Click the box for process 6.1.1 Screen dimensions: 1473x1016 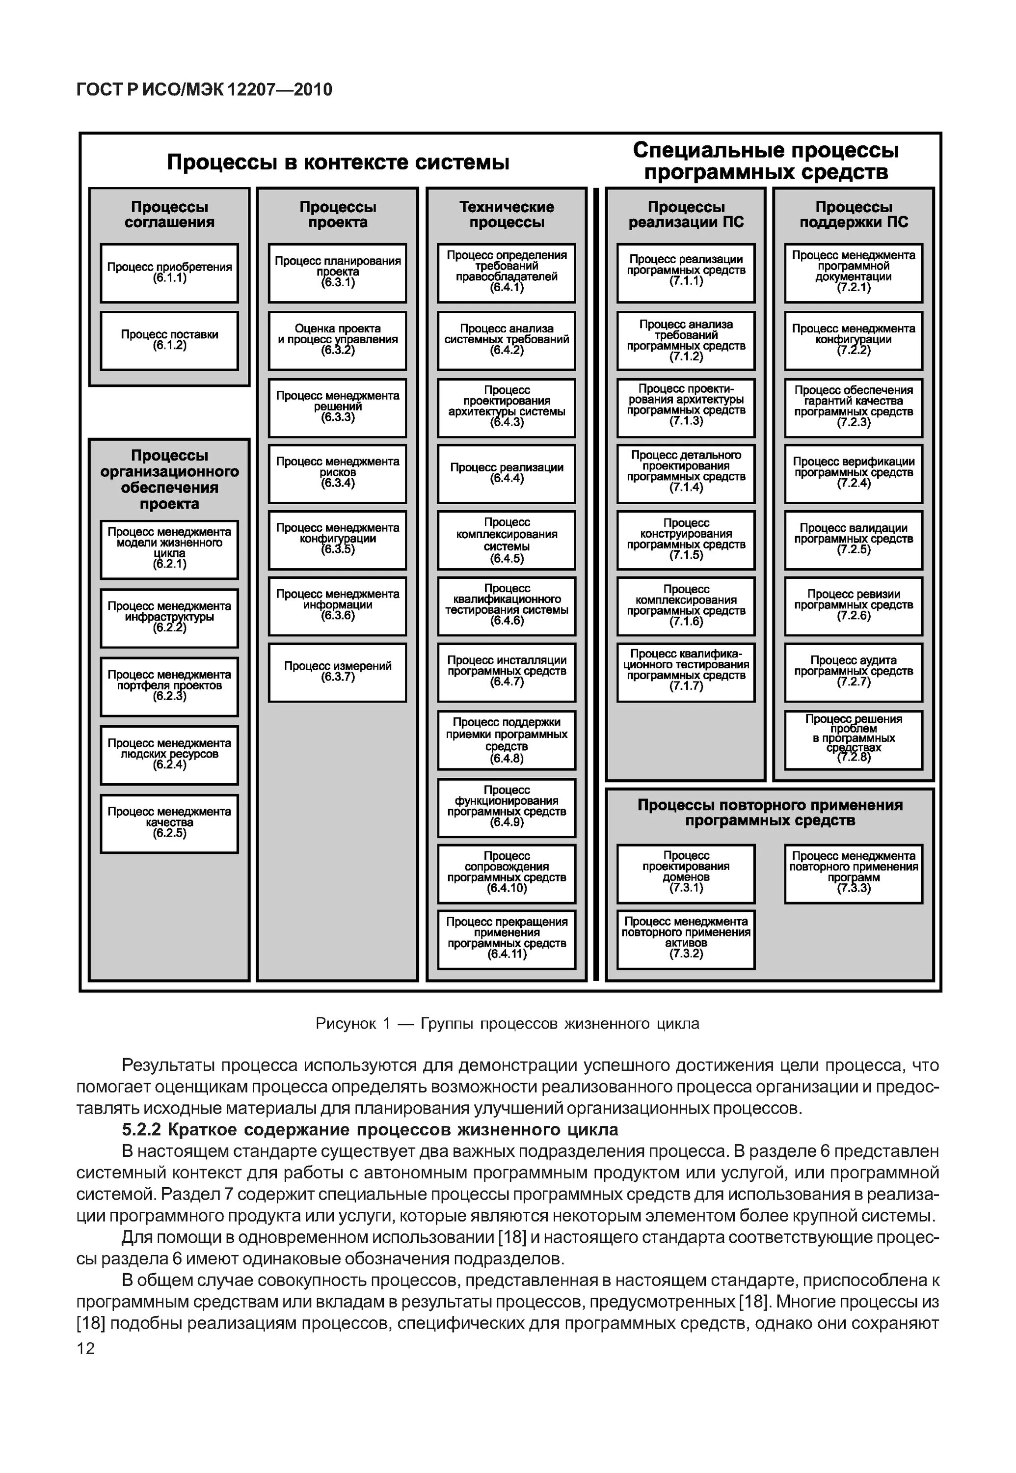coord(169,273)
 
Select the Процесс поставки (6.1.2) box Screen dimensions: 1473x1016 coord(169,340)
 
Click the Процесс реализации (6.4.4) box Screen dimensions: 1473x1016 coord(507,473)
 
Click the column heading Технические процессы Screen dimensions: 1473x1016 coord(507,215)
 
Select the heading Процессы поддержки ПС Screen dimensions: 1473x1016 coord(853,215)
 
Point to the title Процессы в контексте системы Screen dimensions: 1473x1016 coord(338,163)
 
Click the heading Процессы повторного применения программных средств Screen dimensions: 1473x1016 coord(770,813)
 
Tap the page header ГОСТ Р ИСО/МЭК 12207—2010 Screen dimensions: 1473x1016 coord(204,90)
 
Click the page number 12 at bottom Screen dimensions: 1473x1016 coord(85,1348)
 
